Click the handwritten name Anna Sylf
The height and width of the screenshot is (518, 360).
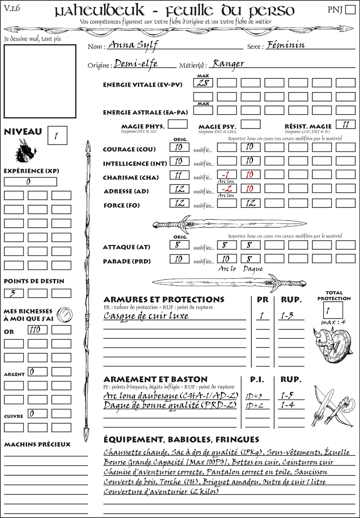133,45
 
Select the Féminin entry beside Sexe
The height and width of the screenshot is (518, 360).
285,45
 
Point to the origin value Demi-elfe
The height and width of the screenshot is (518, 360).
136,64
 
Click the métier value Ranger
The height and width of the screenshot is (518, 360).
228,64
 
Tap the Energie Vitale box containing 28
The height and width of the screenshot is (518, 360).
203,83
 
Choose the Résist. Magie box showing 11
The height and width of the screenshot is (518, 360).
346,124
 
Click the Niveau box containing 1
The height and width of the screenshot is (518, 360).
57,136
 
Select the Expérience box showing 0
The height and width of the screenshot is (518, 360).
30,182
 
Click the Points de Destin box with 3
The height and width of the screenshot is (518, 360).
14,293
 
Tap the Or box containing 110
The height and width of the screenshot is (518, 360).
37,330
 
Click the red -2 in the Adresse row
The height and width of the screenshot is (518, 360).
227,189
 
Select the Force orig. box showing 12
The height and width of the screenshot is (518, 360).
179,203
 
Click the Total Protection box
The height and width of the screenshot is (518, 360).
333,310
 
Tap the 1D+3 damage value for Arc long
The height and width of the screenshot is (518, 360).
254,396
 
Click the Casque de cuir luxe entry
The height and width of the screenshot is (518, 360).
146,316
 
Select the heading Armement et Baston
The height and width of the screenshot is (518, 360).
155,379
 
